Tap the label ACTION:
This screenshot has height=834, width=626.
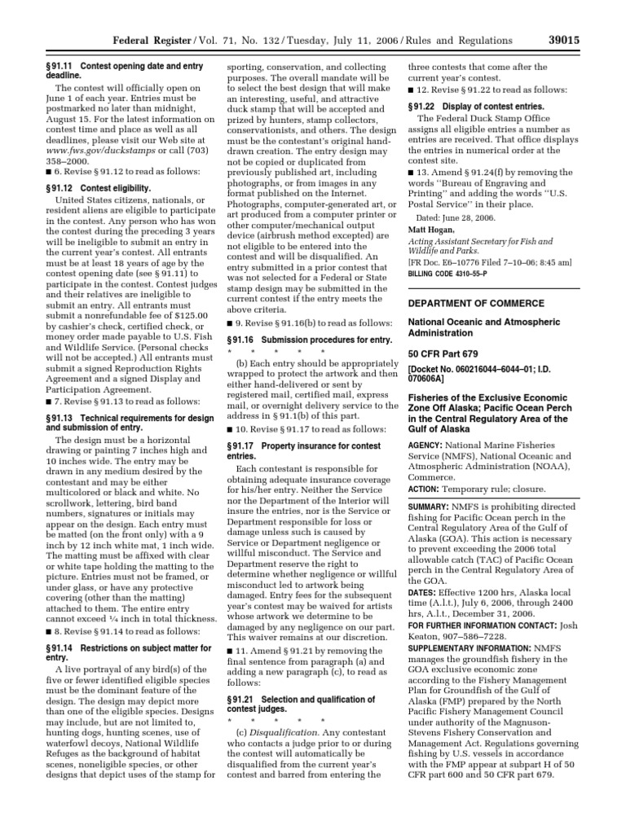click(424, 489)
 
